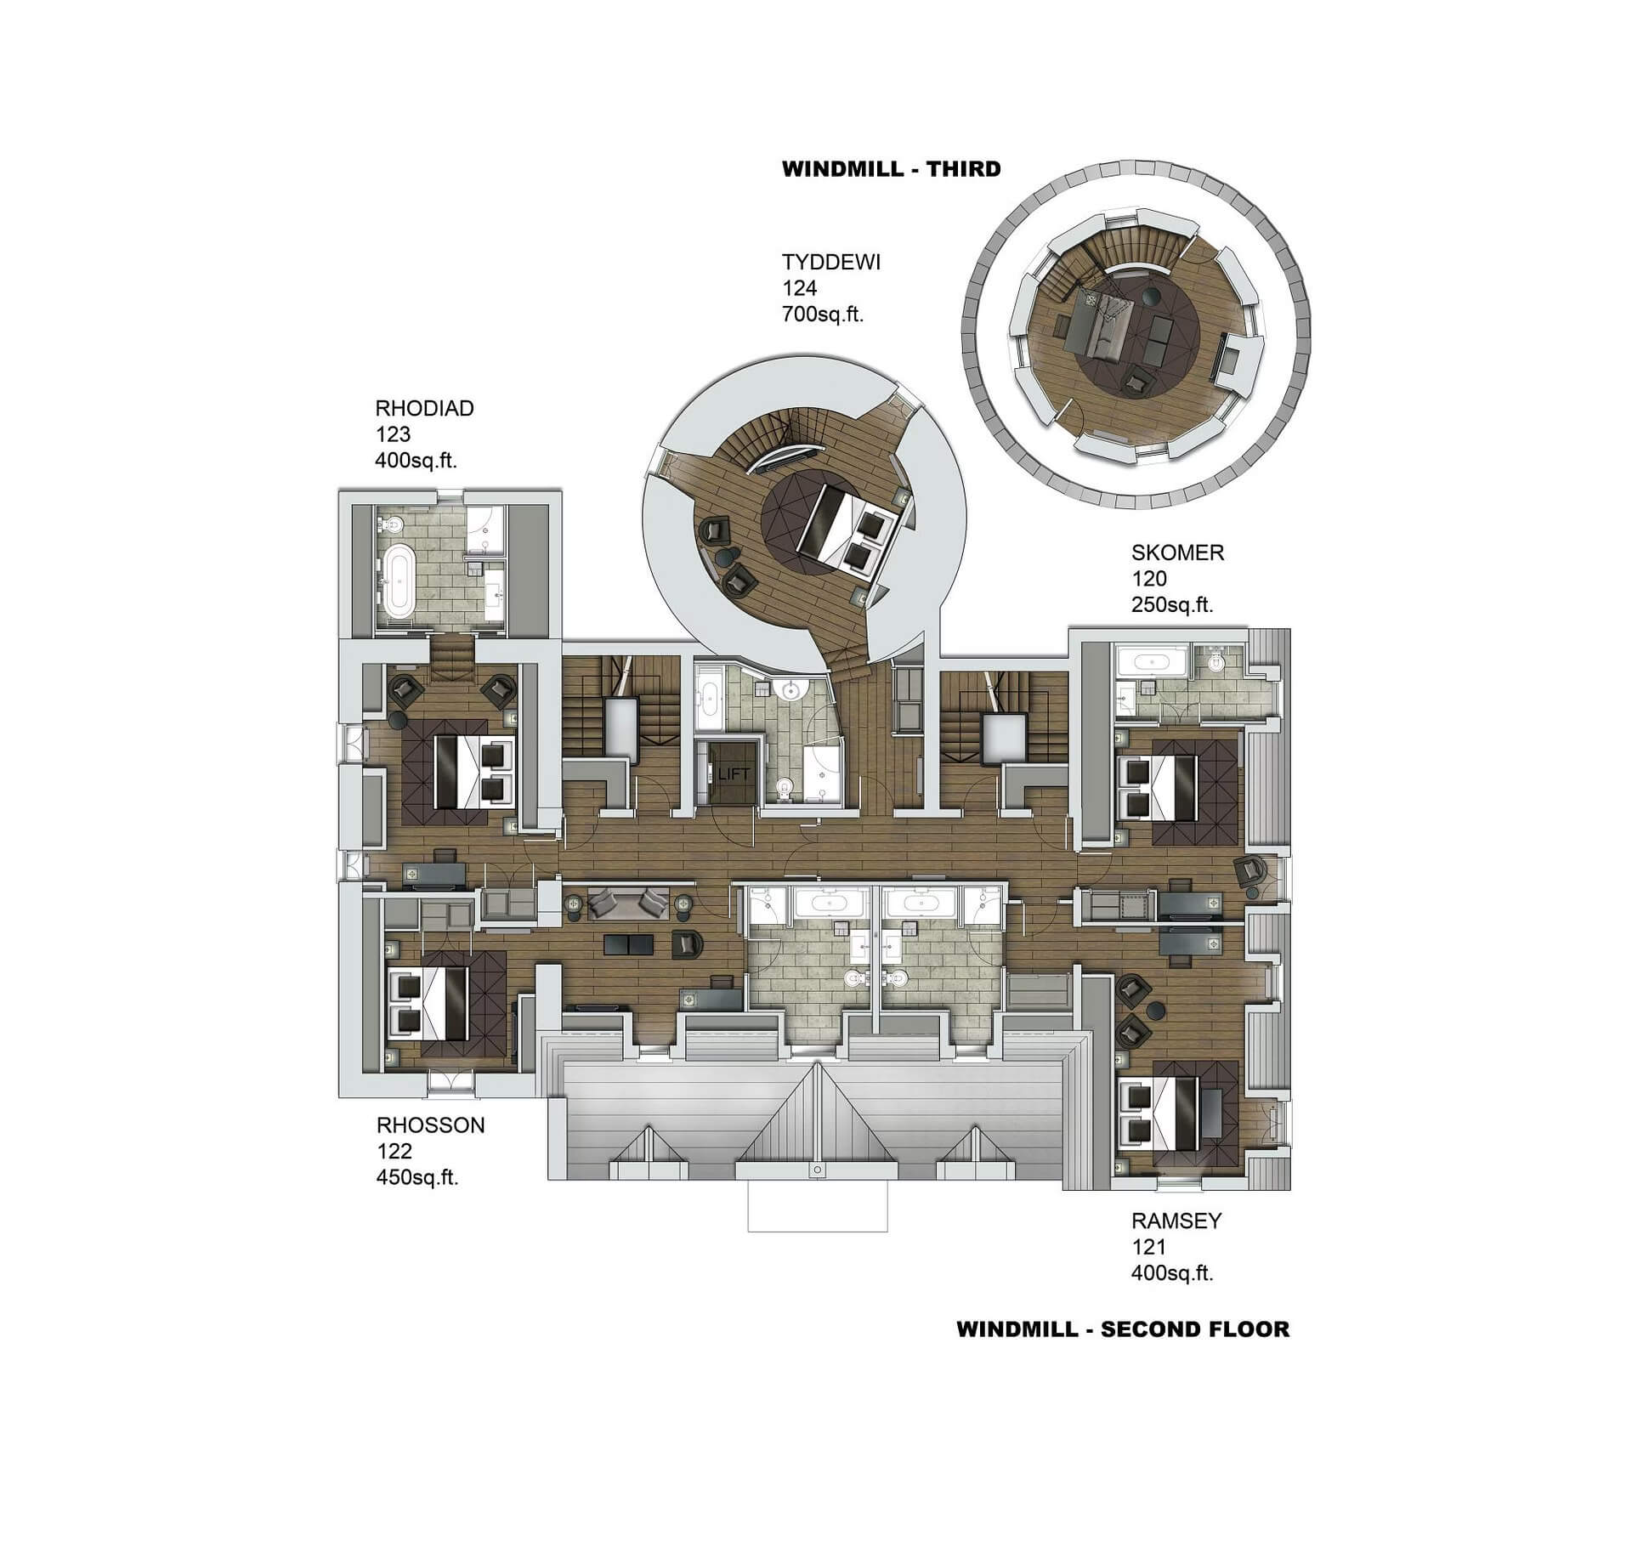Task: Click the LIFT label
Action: click(734, 773)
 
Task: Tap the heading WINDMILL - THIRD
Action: click(891, 168)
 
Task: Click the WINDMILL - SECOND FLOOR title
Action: click(1123, 1329)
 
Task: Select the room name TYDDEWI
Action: click(830, 262)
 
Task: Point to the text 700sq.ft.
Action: click(822, 314)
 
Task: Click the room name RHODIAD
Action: click(424, 408)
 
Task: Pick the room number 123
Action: click(393, 434)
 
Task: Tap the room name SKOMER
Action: click(1177, 552)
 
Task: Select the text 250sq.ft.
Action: click(1171, 605)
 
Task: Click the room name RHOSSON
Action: click(430, 1125)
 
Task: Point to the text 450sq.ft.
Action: click(416, 1178)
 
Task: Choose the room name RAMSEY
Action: click(1176, 1221)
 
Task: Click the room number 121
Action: click(1148, 1247)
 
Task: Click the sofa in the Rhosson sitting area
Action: click(627, 904)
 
